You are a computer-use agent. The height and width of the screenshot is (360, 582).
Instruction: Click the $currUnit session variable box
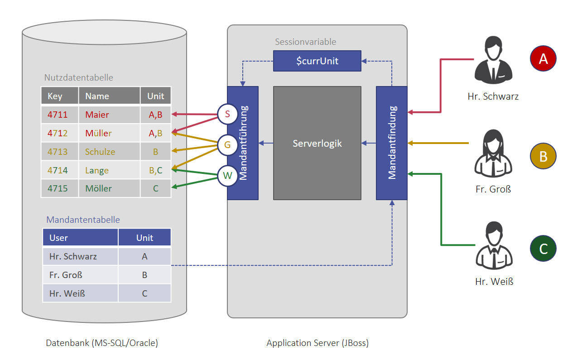[x=317, y=61]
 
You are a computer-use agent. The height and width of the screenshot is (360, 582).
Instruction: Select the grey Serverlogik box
[x=317, y=143]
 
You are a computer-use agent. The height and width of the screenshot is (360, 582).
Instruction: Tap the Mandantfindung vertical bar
[x=392, y=143]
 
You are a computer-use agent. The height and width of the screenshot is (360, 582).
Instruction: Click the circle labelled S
[x=227, y=115]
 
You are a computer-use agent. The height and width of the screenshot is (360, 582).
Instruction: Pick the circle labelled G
[x=227, y=145]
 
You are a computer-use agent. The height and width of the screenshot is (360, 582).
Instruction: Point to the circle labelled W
[x=227, y=176]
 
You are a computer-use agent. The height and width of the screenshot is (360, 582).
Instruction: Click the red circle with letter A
[x=543, y=59]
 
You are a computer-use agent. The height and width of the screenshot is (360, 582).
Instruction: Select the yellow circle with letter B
[x=543, y=156]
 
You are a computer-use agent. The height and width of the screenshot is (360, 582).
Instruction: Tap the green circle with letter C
[x=543, y=249]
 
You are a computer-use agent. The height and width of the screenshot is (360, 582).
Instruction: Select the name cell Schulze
[x=109, y=152]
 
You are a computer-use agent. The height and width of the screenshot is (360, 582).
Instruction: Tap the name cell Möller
[x=109, y=188]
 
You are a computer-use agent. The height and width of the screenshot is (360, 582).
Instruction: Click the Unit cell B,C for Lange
[x=155, y=170]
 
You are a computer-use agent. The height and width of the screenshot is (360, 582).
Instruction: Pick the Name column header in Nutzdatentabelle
[x=109, y=96]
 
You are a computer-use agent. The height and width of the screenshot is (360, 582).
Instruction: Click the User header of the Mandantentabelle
[x=80, y=238]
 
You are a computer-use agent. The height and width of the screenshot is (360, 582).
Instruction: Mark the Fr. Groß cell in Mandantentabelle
[x=80, y=275]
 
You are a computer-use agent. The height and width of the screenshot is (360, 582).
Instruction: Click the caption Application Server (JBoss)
[x=317, y=343]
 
